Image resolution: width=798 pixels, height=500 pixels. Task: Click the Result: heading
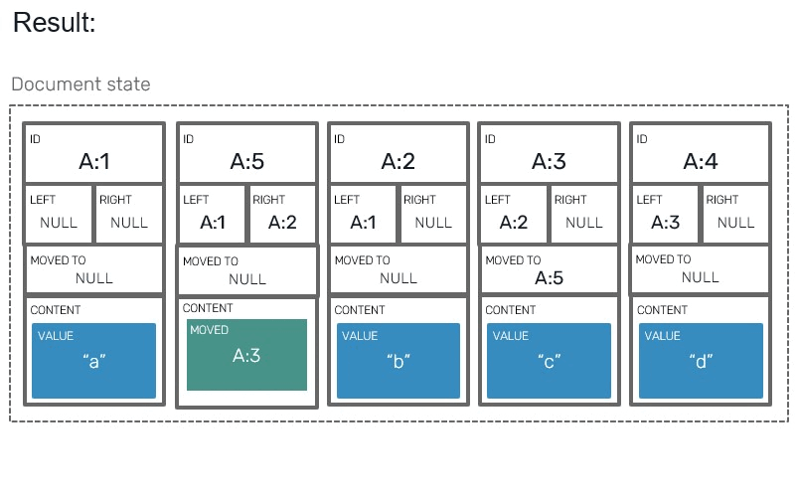click(x=55, y=23)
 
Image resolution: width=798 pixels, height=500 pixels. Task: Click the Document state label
click(x=80, y=84)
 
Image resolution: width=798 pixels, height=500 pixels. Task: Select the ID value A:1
click(x=93, y=162)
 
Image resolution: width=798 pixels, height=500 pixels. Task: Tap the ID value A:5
click(x=247, y=162)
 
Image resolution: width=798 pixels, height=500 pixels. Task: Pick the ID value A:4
click(x=701, y=162)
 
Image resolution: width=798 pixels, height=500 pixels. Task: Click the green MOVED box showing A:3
click(x=246, y=355)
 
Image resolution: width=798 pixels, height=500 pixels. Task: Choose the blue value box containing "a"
click(x=93, y=361)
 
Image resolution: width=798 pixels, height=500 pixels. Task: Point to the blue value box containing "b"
click(x=398, y=361)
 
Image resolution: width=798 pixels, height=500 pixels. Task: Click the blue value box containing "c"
click(x=549, y=361)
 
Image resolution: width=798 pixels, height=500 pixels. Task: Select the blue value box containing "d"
click(x=701, y=361)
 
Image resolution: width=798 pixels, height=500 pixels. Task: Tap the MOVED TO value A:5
click(x=549, y=278)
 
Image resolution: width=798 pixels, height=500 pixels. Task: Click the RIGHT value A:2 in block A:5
click(x=282, y=223)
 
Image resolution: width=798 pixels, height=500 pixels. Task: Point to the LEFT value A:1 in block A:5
click(x=212, y=223)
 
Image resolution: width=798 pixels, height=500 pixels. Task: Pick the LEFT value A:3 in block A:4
click(x=665, y=223)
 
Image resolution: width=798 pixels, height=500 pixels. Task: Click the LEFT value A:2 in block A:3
click(x=513, y=223)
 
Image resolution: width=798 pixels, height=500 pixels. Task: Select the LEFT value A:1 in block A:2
click(x=363, y=223)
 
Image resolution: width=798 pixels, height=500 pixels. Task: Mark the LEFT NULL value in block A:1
click(x=59, y=223)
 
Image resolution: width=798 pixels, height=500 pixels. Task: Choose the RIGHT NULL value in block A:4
click(x=735, y=223)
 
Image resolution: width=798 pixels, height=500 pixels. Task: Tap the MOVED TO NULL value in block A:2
click(x=398, y=278)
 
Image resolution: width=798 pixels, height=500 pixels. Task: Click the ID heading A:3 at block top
click(x=549, y=162)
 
